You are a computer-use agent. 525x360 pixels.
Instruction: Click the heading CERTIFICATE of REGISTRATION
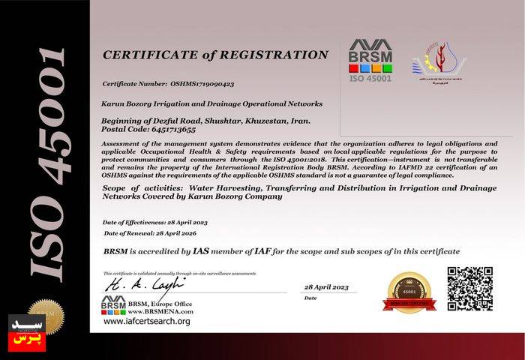[215, 55]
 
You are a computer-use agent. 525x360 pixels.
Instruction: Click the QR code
[469, 288]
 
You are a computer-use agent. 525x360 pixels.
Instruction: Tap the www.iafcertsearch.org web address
[147, 321]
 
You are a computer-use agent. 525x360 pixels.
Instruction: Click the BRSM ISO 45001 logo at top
[370, 60]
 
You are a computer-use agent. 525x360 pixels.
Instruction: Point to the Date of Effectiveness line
[154, 223]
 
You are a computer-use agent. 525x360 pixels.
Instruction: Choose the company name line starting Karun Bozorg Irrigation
[211, 103]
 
